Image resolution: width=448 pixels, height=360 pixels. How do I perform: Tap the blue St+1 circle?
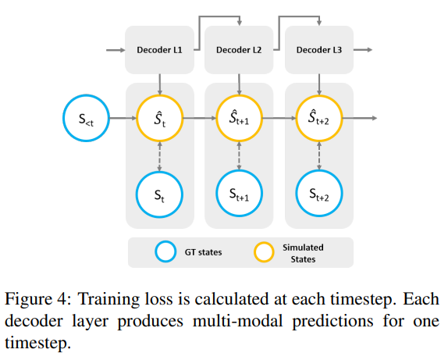239,193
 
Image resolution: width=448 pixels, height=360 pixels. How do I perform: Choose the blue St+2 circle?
318,193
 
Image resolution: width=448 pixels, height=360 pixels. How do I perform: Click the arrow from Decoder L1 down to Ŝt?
159,82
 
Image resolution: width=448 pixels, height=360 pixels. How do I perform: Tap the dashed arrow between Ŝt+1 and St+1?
239,155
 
